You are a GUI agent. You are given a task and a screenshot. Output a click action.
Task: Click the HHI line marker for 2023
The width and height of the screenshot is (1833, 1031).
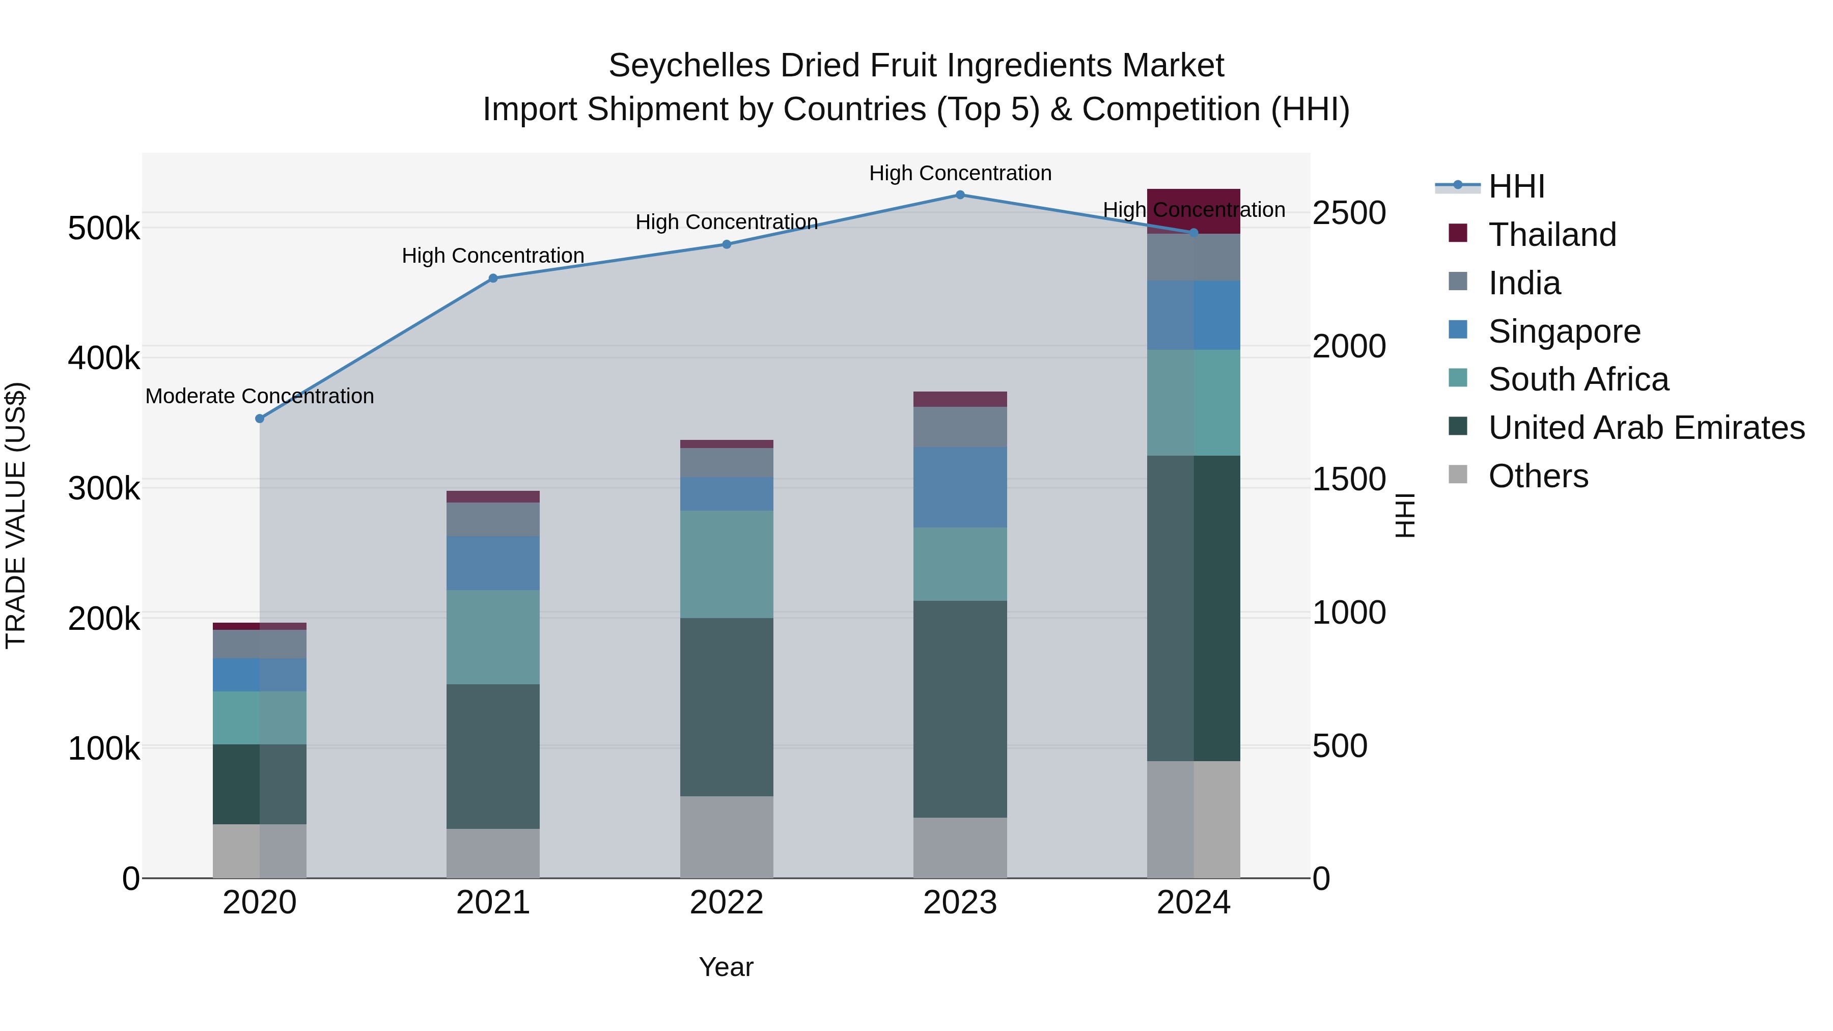[x=960, y=195]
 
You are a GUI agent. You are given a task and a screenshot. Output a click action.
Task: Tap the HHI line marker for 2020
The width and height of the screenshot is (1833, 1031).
[x=260, y=419]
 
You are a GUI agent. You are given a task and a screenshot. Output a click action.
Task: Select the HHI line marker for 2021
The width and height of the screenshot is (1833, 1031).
[x=493, y=278]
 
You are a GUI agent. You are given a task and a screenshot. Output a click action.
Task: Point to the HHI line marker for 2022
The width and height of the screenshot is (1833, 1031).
[x=727, y=244]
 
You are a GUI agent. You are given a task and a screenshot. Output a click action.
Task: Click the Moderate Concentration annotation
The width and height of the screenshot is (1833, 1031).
[x=260, y=396]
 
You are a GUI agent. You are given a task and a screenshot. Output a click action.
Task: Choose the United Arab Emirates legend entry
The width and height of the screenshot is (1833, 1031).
[x=1646, y=428]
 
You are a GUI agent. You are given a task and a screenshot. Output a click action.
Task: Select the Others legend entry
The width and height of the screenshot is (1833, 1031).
[x=1538, y=476]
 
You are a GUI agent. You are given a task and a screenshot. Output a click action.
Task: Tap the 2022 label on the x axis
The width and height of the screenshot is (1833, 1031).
[x=727, y=903]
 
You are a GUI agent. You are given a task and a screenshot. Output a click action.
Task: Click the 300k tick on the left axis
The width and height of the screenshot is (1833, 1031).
[x=104, y=488]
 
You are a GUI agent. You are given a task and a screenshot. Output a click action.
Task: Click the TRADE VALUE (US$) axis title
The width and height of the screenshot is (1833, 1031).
[x=16, y=515]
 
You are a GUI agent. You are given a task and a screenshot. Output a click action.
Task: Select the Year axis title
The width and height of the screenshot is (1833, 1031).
[x=726, y=967]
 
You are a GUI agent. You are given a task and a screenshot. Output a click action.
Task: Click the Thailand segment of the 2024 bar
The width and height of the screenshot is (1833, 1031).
[x=1193, y=211]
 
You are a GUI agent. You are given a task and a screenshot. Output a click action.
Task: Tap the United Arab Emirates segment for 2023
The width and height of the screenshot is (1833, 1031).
[x=960, y=709]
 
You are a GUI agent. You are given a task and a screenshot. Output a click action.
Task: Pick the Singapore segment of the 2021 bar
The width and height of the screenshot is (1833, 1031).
[x=493, y=563]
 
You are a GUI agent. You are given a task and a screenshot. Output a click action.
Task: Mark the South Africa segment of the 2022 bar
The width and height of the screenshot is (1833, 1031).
[x=727, y=564]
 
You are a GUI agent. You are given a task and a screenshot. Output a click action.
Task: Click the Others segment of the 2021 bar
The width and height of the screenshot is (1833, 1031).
[x=493, y=853]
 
